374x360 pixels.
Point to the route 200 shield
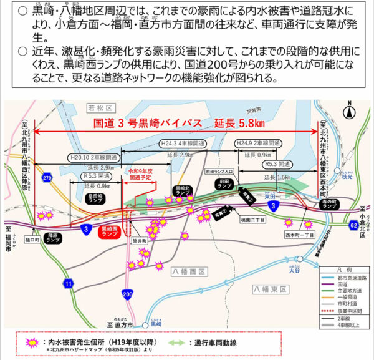tap(128, 293)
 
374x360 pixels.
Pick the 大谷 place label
tap(294, 271)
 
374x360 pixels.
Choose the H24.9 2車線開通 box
tap(256, 143)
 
